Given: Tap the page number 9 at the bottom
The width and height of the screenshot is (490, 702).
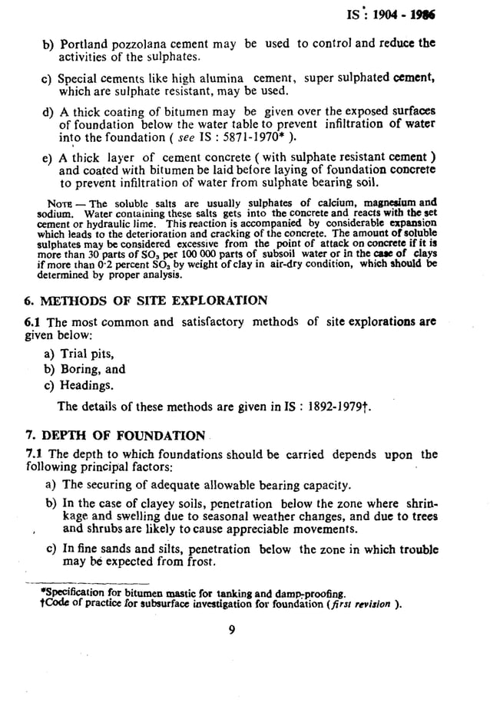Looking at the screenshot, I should (x=231, y=631).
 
